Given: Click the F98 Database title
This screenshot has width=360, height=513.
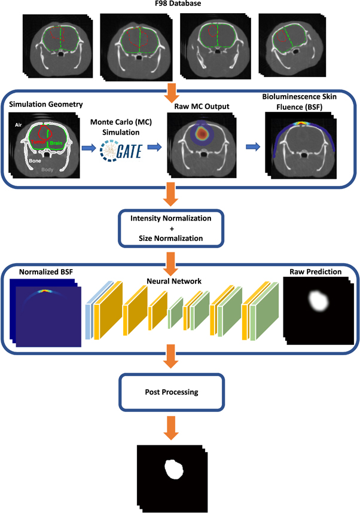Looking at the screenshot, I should click(x=179, y=5).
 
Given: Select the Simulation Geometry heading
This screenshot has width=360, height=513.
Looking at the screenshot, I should click(x=44, y=105).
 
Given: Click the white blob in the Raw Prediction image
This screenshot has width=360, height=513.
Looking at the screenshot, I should click(x=316, y=306).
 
